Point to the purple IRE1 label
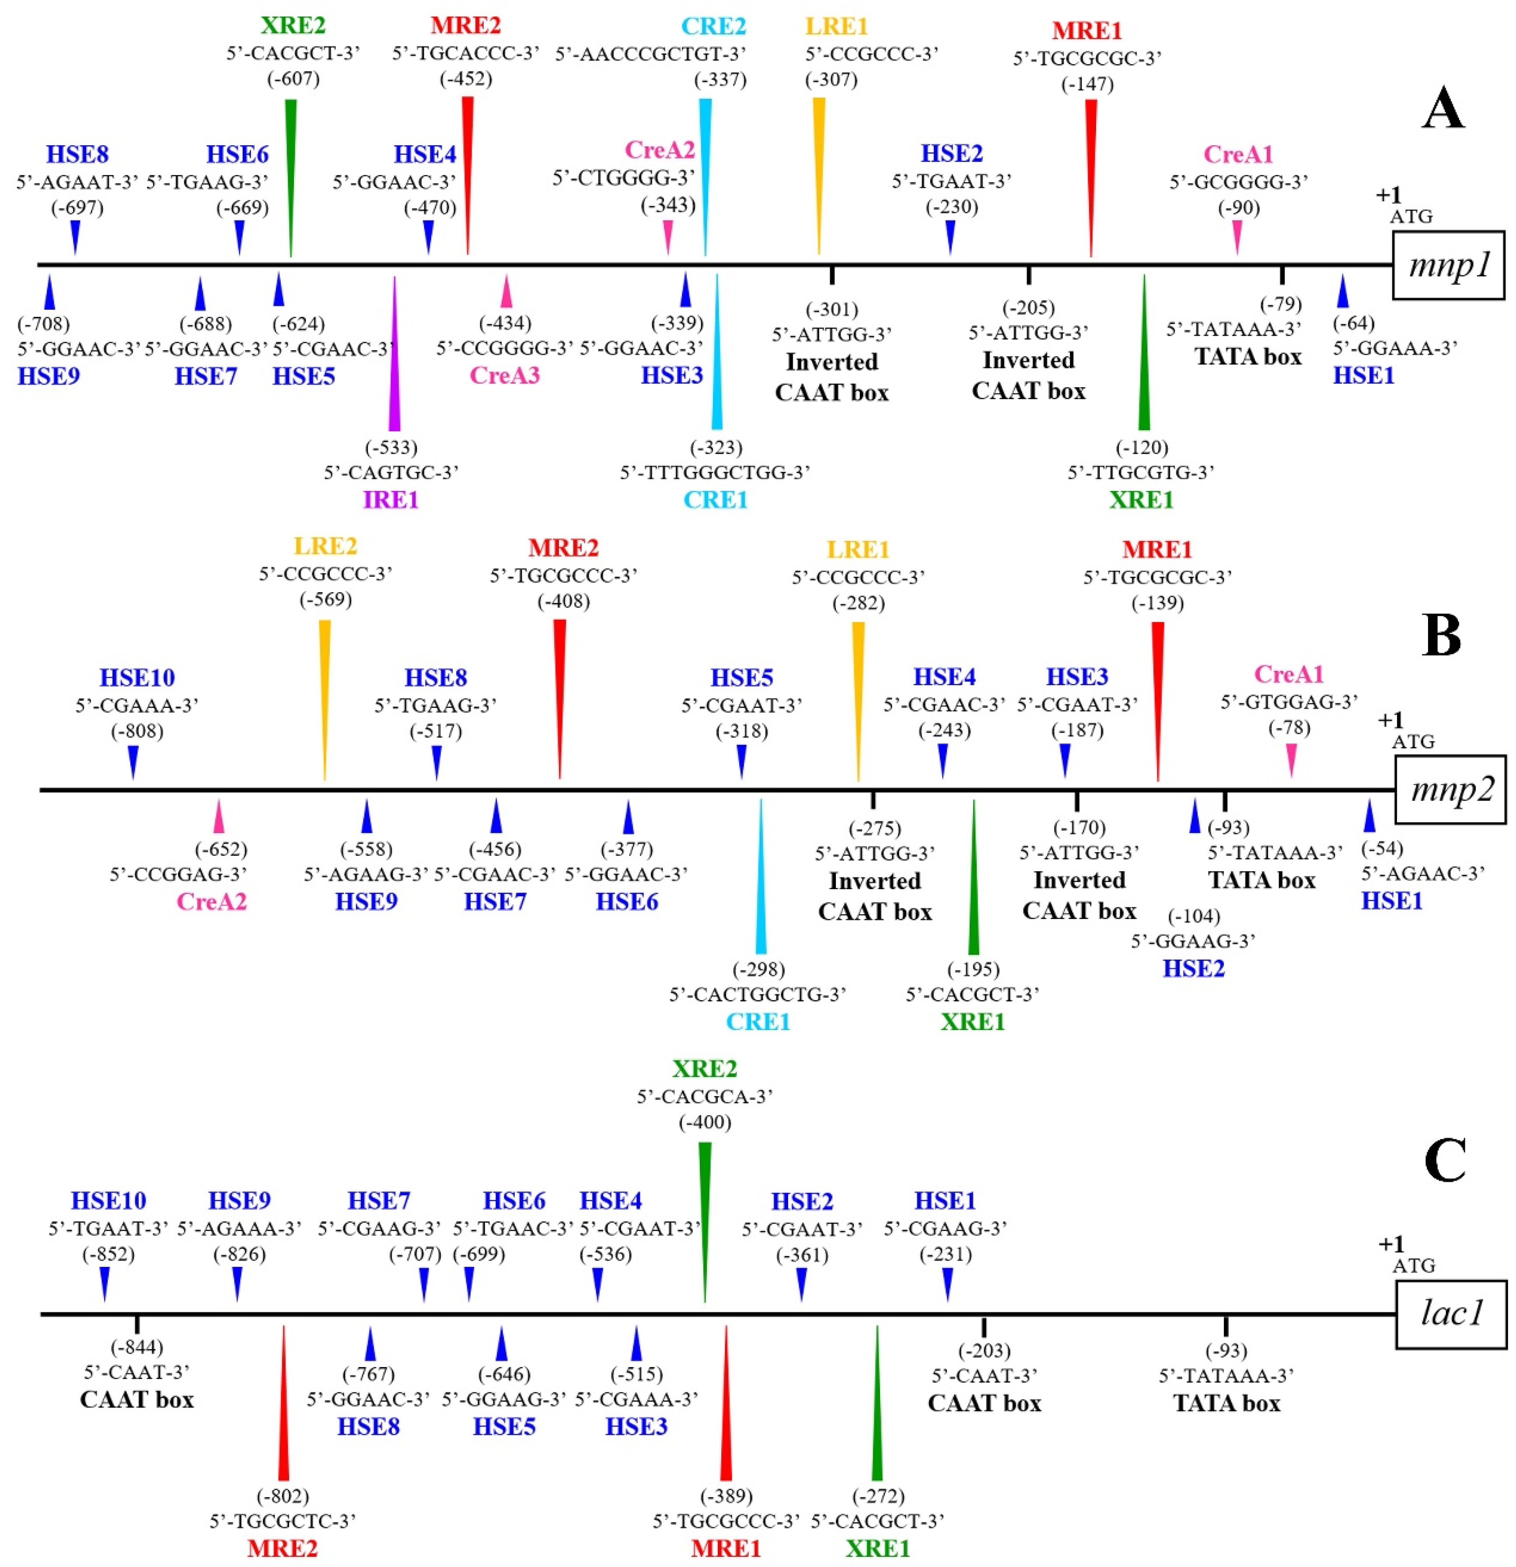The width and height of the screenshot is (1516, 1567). (391, 500)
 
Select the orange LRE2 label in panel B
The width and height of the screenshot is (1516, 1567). (325, 546)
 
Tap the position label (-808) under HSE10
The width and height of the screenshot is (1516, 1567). (136, 731)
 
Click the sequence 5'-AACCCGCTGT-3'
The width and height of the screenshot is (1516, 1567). (650, 53)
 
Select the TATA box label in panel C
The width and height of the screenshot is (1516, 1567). (1226, 1403)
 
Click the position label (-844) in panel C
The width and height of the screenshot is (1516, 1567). (136, 1347)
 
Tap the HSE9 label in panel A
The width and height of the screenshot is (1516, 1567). (49, 376)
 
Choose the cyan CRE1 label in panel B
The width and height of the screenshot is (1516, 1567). (758, 1022)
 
